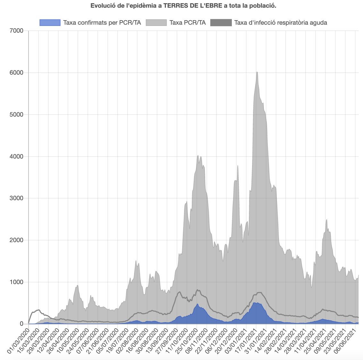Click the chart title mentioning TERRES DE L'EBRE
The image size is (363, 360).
183,6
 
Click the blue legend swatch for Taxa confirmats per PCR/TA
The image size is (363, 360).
50,22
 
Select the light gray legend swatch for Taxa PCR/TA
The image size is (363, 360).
156,22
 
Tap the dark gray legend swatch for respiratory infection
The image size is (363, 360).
221,22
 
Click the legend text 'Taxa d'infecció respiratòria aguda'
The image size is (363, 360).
281,22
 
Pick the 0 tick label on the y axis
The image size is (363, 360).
21,324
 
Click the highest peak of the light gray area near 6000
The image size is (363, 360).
257,72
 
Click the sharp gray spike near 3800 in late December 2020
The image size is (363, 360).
238,166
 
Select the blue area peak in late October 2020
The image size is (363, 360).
198,304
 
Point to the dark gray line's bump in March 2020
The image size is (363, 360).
38,310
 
